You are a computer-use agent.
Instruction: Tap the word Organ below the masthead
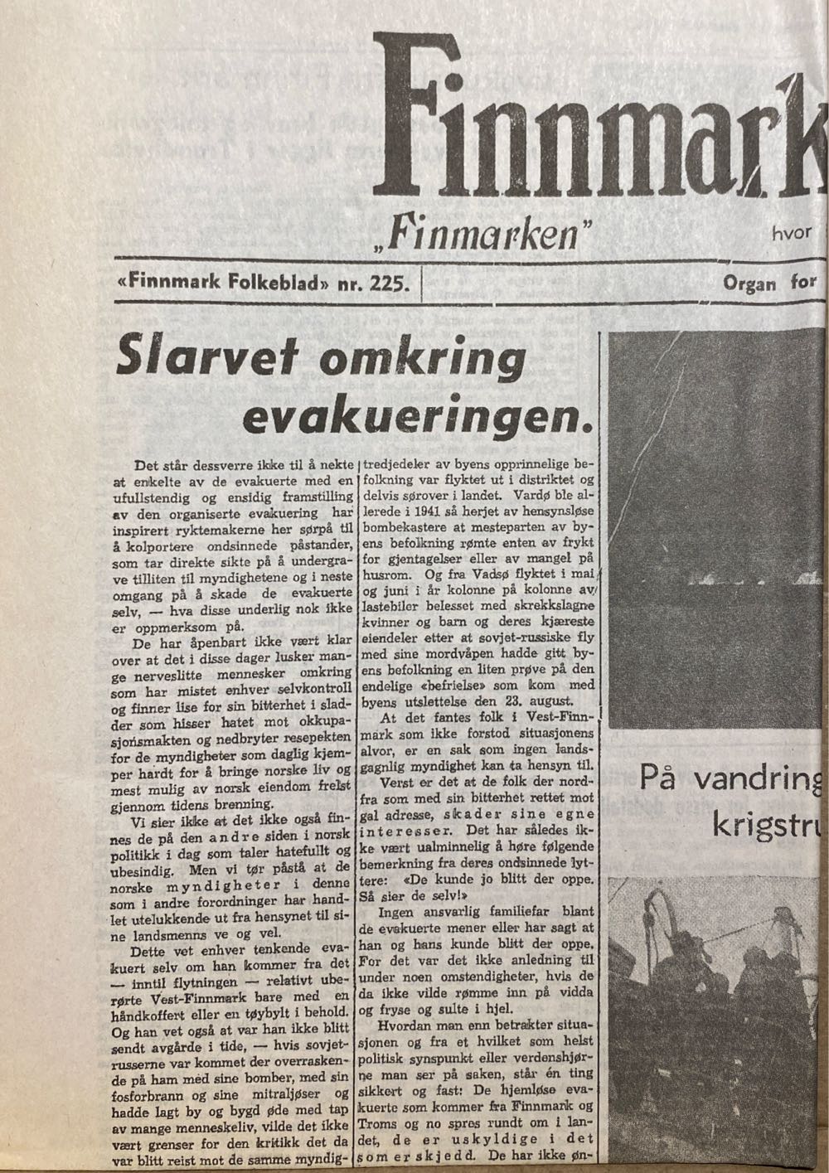(750, 284)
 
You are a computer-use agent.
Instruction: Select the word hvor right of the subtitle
(791, 234)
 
